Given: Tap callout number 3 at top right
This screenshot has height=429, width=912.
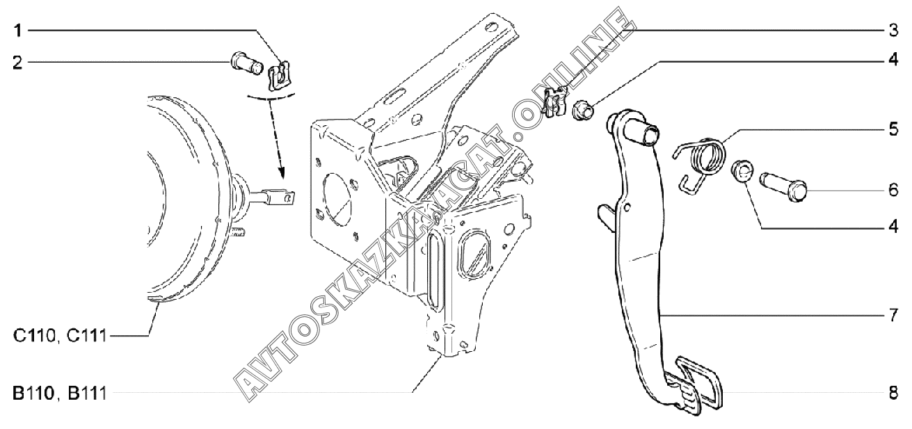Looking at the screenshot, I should [x=893, y=31].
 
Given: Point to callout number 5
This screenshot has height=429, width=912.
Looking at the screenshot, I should [x=893, y=130].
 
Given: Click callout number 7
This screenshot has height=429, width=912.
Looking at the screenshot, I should [x=893, y=315].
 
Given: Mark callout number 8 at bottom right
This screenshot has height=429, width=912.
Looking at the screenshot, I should [x=893, y=393].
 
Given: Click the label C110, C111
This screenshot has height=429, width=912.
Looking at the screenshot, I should [x=60, y=337].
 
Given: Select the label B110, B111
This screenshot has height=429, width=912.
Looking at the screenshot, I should [x=60, y=394].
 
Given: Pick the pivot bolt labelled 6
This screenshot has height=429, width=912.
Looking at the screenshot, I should [x=786, y=185].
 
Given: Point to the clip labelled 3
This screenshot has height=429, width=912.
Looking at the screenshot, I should [x=555, y=101].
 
